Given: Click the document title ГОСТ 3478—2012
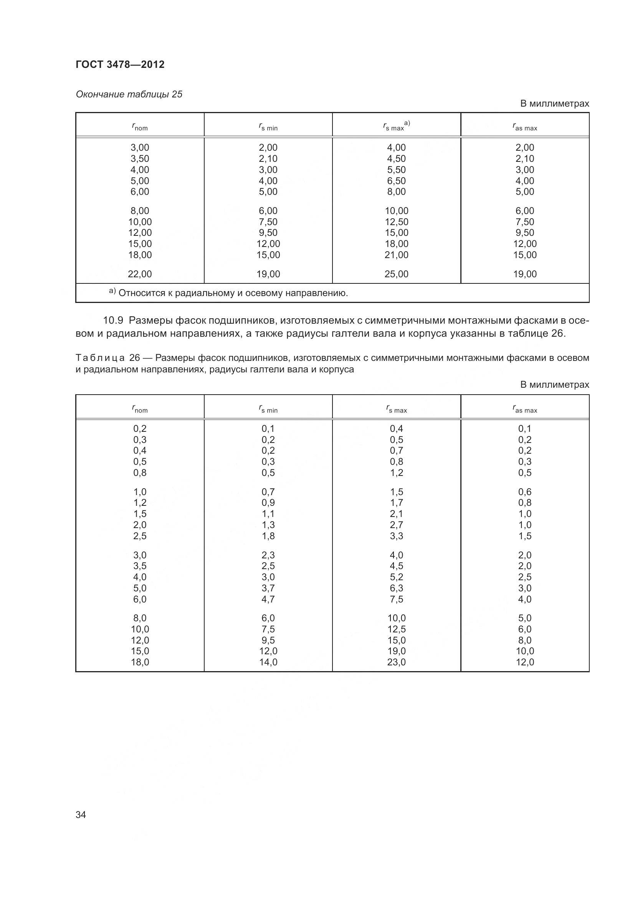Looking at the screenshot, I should [x=120, y=64].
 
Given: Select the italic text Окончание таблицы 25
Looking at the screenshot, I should [x=129, y=95].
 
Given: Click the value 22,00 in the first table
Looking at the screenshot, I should [x=140, y=274].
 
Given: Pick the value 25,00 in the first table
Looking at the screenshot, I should [x=396, y=274].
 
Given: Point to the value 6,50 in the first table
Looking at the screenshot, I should [x=396, y=181].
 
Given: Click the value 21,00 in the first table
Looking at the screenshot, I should [x=396, y=255].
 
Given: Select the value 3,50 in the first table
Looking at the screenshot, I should [x=140, y=159].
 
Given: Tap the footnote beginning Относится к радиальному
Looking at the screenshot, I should [x=233, y=293].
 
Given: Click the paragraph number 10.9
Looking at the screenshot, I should [x=113, y=321].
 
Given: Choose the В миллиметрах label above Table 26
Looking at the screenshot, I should [x=554, y=385].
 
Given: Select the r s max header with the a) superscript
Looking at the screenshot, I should [x=396, y=126].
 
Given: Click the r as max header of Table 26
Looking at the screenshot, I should [x=525, y=409].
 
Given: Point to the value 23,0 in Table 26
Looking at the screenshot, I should [x=396, y=662].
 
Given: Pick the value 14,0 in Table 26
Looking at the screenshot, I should [x=268, y=662].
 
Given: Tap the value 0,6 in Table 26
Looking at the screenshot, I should [x=525, y=492].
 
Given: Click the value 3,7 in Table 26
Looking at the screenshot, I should [x=268, y=588].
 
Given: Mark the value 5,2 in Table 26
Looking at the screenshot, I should [x=396, y=577].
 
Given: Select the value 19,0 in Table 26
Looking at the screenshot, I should [x=396, y=651].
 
